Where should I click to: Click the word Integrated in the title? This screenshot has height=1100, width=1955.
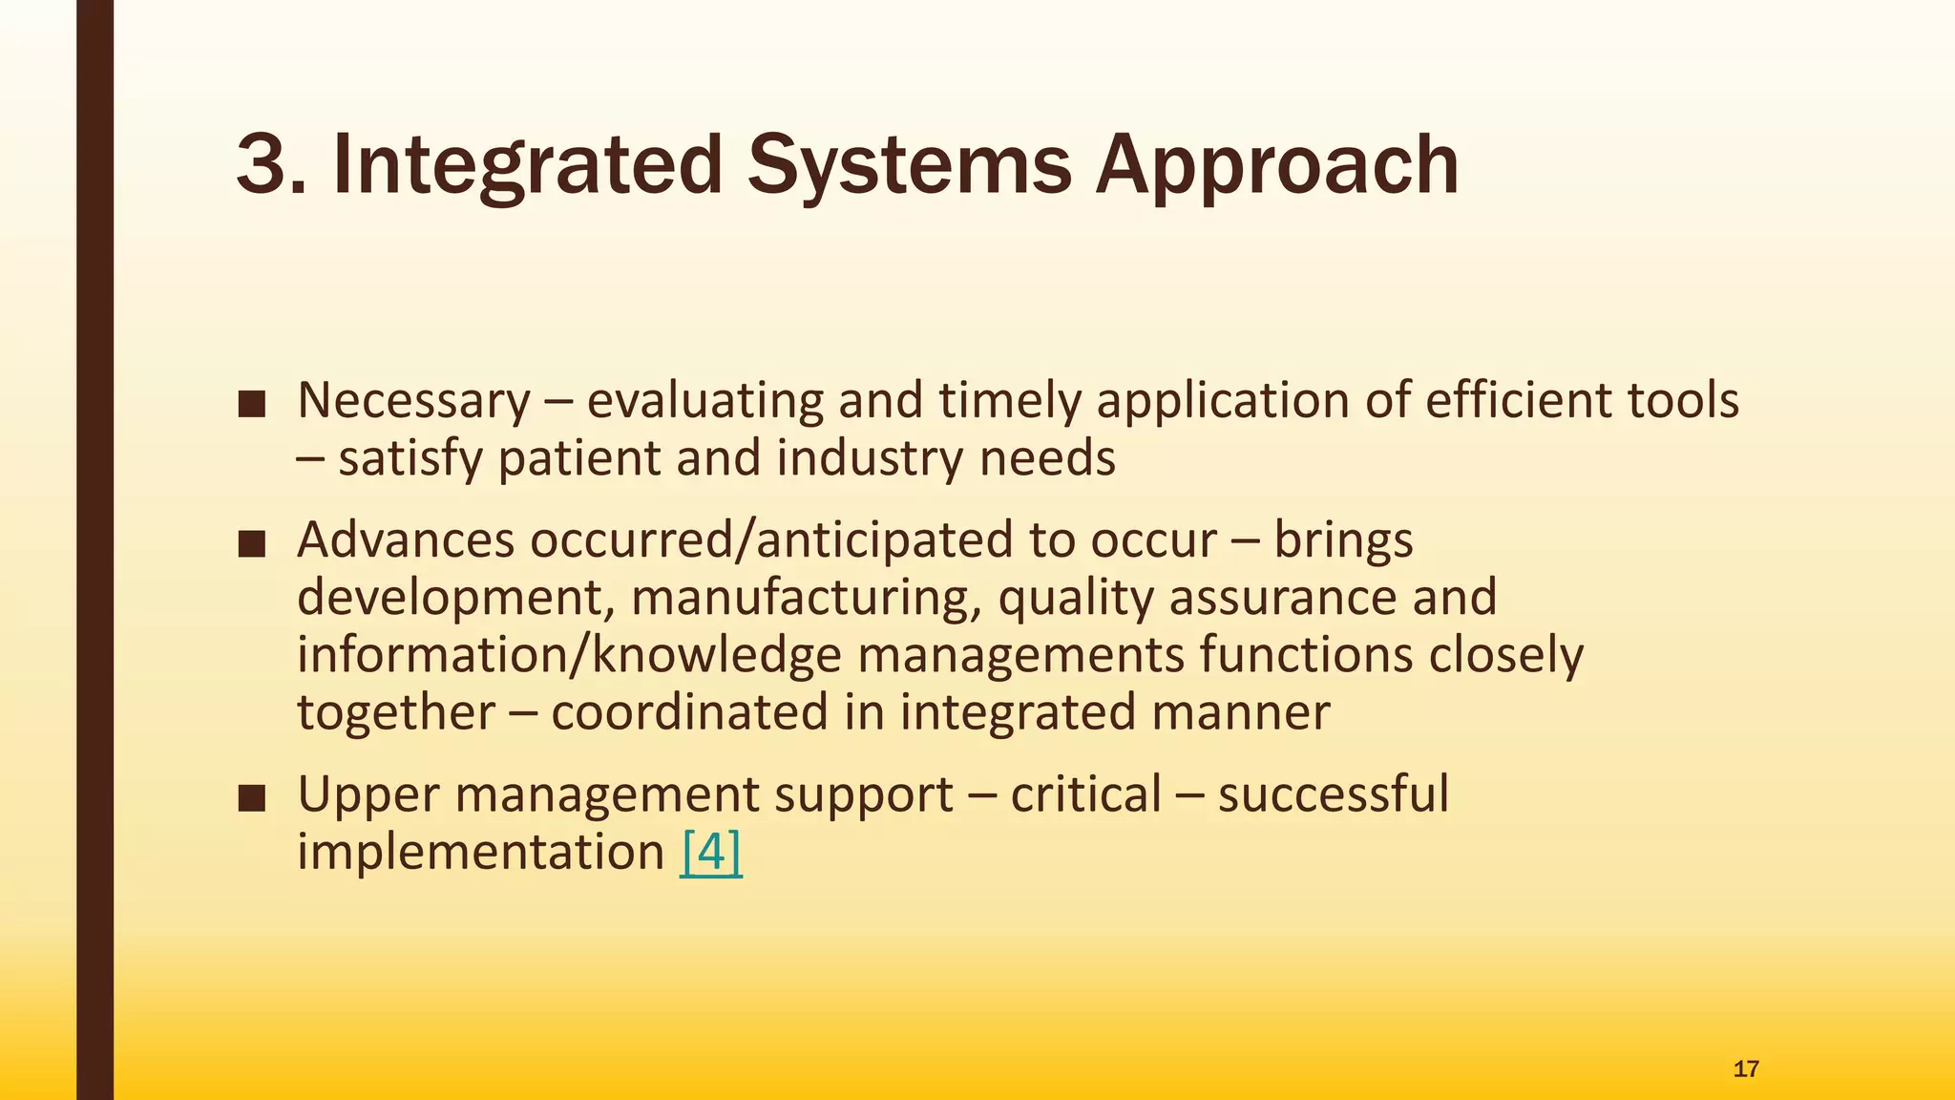(527, 164)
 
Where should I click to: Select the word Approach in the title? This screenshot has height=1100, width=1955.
(1276, 164)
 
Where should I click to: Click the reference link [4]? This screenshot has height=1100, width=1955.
(711, 852)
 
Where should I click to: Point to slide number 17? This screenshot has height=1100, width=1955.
(1745, 1068)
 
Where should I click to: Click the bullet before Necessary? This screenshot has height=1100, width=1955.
(252, 405)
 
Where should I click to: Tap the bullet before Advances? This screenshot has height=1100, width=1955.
(252, 544)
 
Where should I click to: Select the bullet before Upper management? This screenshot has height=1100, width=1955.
(252, 798)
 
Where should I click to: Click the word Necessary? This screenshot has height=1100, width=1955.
(413, 401)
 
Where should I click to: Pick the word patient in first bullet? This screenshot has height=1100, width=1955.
(578, 458)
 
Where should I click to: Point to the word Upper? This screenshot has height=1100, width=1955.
(368, 794)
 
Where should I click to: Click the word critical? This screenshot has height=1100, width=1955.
(1085, 794)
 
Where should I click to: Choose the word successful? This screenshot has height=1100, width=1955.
(1333, 794)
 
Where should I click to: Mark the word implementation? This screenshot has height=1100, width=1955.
(480, 852)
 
